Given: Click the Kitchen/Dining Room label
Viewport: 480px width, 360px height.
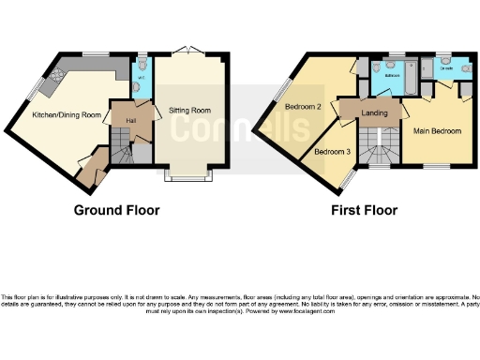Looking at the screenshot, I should tap(66, 114).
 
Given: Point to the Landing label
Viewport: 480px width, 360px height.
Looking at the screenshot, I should tap(375, 113).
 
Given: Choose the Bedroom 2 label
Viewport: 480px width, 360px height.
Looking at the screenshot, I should tap(303, 107).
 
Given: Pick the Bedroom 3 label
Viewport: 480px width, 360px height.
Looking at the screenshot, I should tap(332, 151).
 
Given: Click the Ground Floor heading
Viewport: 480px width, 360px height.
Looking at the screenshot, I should tap(116, 210).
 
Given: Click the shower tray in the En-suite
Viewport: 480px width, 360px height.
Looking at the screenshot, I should tap(436, 68).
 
